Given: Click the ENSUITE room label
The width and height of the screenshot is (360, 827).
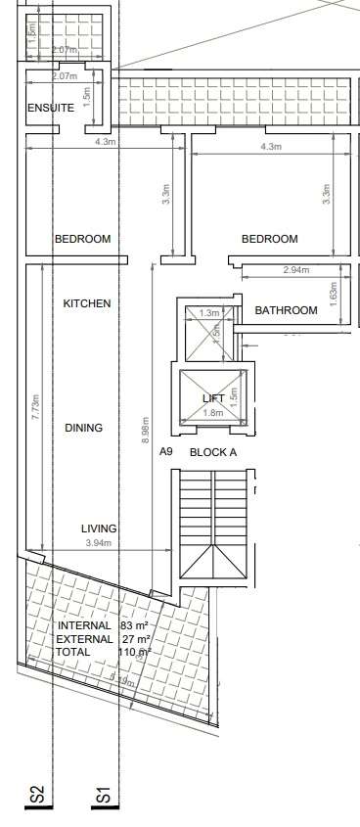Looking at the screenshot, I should (x=50, y=108).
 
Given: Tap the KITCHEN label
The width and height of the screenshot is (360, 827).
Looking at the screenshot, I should (x=87, y=303).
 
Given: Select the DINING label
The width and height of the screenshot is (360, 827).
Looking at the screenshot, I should (x=83, y=428).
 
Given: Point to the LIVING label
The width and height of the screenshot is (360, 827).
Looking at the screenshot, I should (x=99, y=528).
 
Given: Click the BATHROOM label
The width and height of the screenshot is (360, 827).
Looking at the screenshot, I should (x=286, y=310).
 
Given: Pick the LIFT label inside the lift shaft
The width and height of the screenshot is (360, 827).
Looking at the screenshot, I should (x=213, y=398).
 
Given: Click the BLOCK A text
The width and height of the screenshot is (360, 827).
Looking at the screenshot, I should (x=212, y=452).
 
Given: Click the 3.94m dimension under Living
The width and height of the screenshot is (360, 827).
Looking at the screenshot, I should (x=99, y=543).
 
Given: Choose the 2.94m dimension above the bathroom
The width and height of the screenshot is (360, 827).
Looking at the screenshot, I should (x=295, y=270).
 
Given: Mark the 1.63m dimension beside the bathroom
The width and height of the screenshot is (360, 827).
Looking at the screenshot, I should (x=334, y=291).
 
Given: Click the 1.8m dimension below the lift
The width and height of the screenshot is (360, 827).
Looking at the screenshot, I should (x=213, y=413).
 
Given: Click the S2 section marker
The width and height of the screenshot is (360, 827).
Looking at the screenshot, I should (x=37, y=796).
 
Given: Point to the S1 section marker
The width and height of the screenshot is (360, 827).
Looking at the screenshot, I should (x=103, y=796).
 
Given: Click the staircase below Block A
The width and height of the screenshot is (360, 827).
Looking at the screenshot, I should (x=213, y=528).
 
